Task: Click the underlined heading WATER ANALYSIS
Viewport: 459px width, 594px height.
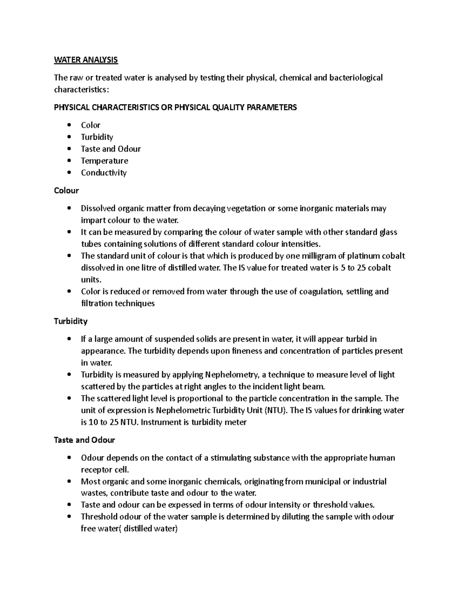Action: coord(86,60)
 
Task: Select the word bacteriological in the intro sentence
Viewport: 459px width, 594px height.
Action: coord(353,78)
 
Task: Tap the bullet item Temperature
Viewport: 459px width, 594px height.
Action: coord(104,161)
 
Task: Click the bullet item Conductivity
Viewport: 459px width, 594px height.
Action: coord(104,173)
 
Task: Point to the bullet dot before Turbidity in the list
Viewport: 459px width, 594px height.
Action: coord(69,137)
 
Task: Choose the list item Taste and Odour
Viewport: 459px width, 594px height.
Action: coord(111,149)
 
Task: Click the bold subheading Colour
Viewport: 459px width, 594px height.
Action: coord(66,190)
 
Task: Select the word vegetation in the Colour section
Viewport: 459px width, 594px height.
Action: coord(246,208)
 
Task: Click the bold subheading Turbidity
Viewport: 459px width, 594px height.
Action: coord(70,321)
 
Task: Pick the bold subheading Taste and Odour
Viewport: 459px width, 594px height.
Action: coord(84,440)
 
